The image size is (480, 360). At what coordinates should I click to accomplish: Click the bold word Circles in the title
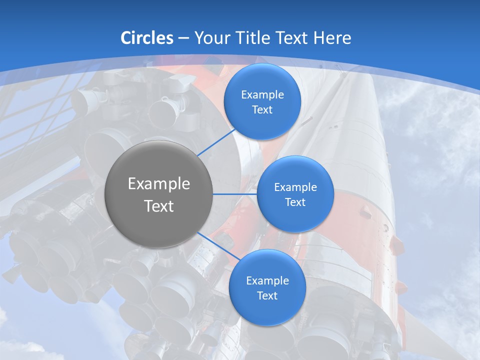point(147,38)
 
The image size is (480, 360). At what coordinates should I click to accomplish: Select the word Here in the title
point(332,38)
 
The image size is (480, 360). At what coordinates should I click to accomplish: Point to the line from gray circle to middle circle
point(235,194)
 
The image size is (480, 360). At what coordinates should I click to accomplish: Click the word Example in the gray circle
point(159,184)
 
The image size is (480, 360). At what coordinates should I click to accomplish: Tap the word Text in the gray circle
point(159,206)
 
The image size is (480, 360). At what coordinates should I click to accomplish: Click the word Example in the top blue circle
point(262,95)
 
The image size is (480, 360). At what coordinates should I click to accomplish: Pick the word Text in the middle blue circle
point(295,202)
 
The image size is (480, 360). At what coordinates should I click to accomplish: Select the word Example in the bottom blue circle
point(267,281)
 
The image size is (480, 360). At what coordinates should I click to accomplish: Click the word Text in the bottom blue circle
point(267,296)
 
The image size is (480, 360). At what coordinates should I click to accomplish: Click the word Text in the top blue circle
point(262,110)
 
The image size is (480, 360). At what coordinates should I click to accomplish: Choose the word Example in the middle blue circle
point(295,187)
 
